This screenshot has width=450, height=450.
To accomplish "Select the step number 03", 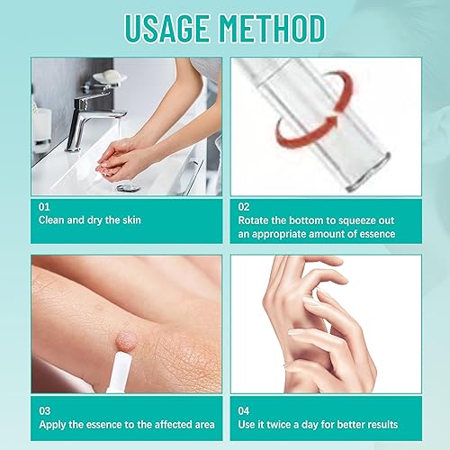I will click(44, 409).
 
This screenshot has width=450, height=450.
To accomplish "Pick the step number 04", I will click(246, 409).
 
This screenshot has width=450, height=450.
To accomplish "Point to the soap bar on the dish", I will click(109, 77).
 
